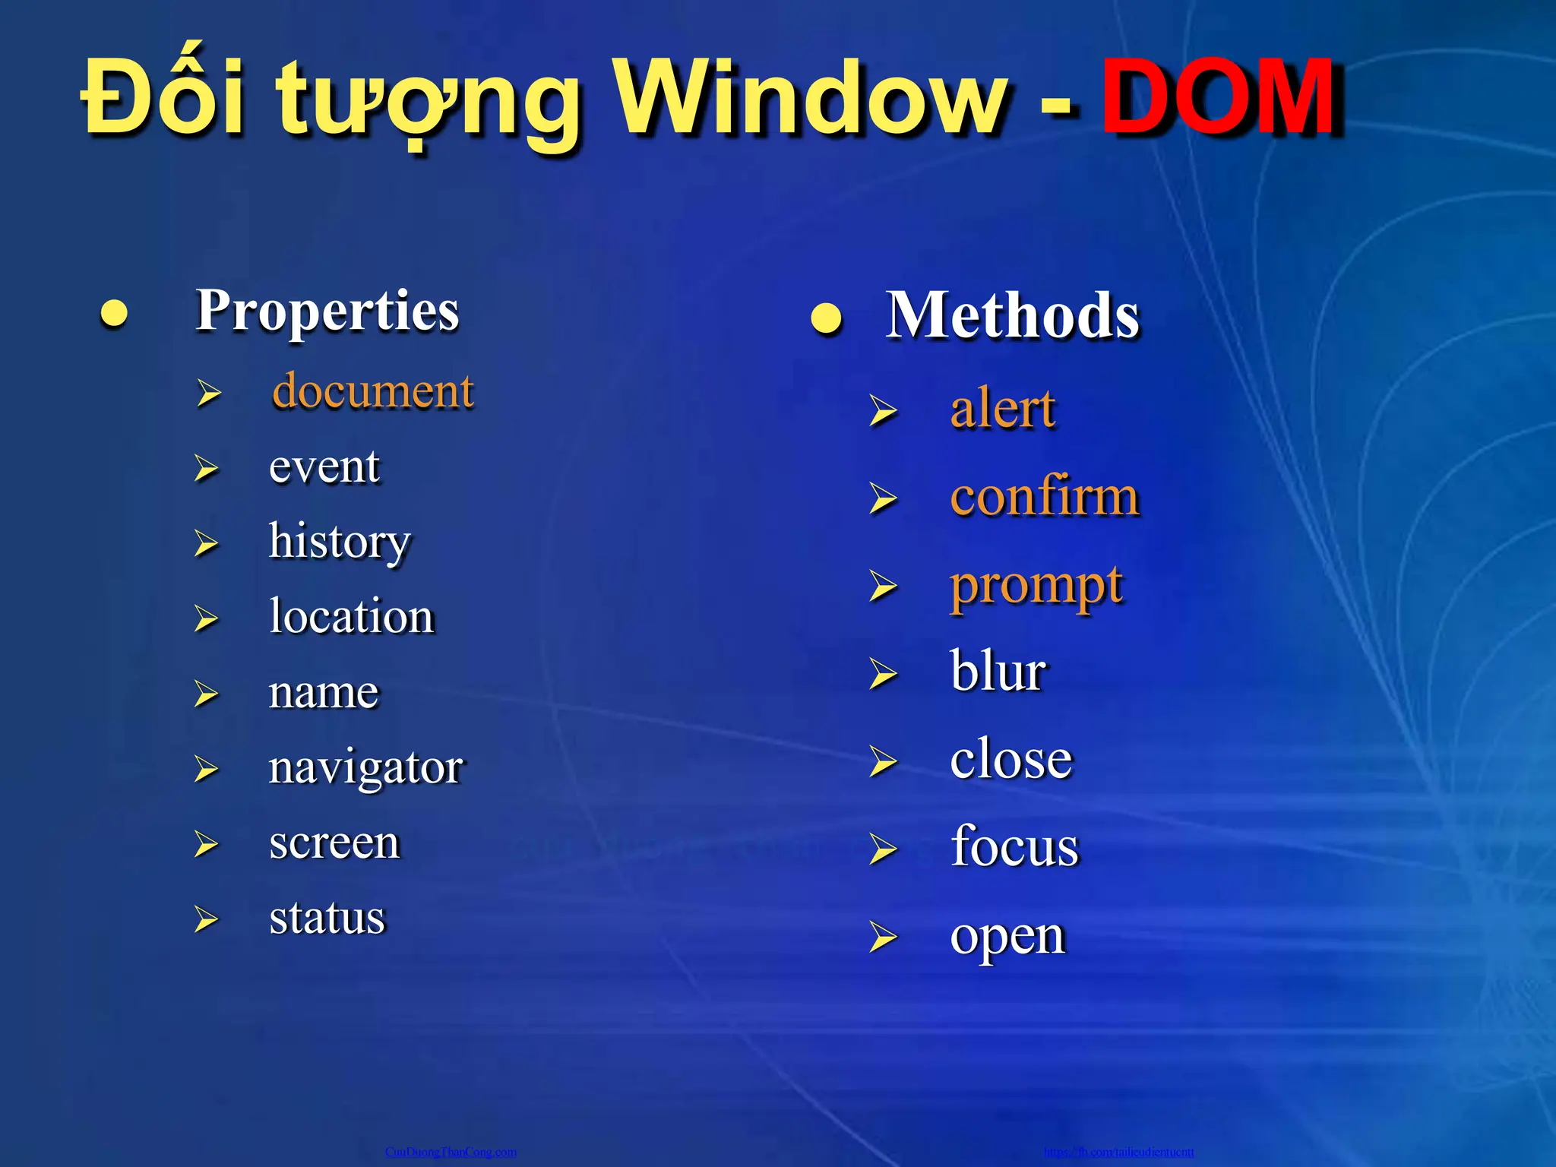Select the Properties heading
[327, 312]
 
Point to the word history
[340, 542]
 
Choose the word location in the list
[351, 615]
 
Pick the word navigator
[365, 767]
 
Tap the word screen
[334, 843]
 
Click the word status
[327, 918]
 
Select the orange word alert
[1002, 409]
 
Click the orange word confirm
[1045, 497]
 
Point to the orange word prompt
[1036, 587]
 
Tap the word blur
[998, 672]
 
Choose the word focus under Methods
[1014, 846]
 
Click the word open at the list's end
[1007, 937]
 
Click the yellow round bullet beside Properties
[114, 314]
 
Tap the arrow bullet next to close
[883, 761]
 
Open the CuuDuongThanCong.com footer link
[451, 1152]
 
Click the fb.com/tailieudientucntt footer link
[1118, 1152]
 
